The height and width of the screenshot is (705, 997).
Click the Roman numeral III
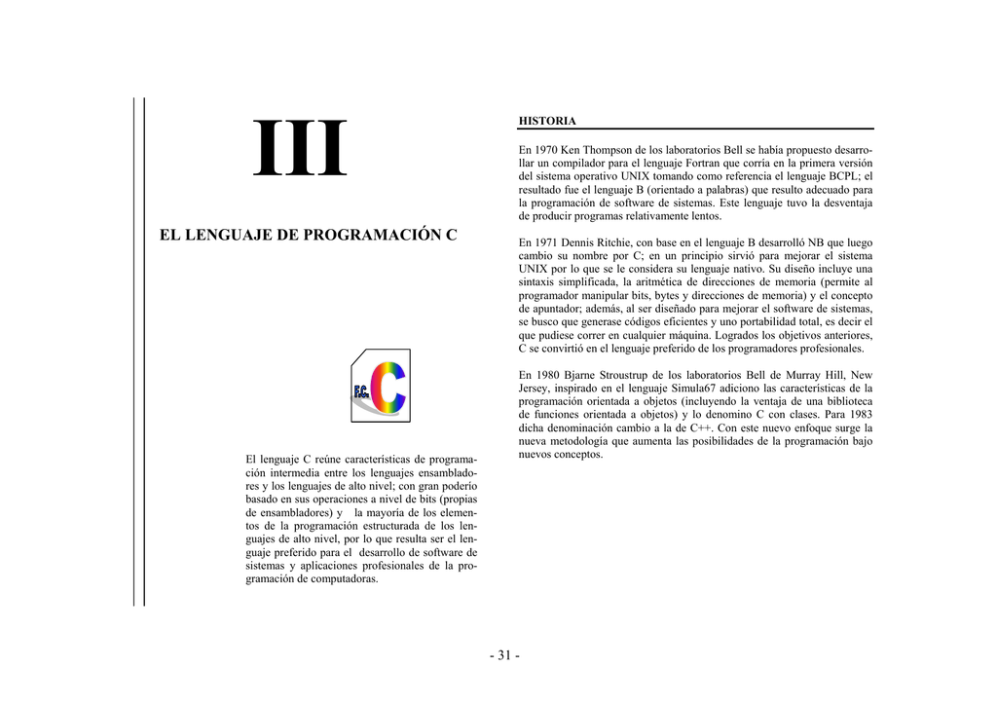[x=299, y=150]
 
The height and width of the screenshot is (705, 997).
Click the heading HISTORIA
[x=547, y=121]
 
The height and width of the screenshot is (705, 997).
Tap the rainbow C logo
[x=382, y=386]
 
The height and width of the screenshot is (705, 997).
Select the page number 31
[x=504, y=655]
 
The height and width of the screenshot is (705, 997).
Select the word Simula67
[x=688, y=388]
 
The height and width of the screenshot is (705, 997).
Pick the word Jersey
[x=535, y=388]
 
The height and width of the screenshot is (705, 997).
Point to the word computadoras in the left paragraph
[x=345, y=578]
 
